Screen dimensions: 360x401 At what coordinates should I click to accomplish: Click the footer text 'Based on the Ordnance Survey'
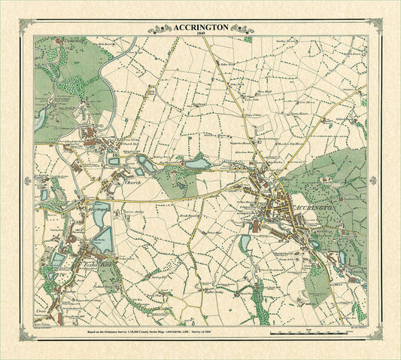pos(113,331)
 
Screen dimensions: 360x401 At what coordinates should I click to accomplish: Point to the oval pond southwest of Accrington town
pos(245,243)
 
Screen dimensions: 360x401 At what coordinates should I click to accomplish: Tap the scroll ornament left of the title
pos(160,29)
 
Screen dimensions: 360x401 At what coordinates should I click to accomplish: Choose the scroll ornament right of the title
pos(241,29)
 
